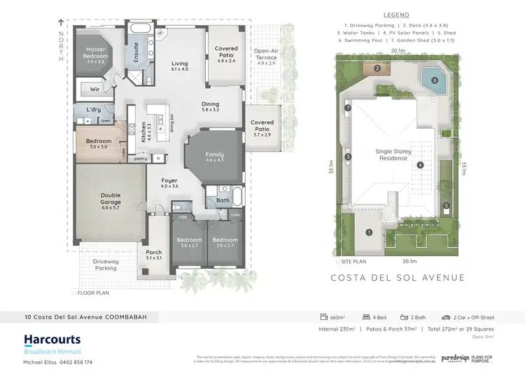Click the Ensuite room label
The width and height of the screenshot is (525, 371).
[135, 50]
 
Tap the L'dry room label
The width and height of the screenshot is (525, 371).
[94, 111]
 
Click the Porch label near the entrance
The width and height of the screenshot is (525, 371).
[154, 255]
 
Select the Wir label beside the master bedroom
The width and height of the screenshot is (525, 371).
[94, 90]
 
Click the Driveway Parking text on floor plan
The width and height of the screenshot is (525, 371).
[106, 264]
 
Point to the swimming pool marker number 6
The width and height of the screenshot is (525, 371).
[435, 80]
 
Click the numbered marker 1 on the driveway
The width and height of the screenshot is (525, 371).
[369, 232]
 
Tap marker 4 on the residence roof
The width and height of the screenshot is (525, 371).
[420, 165]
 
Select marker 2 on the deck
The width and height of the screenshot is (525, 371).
[377, 68]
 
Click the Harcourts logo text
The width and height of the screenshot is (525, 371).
[52, 339]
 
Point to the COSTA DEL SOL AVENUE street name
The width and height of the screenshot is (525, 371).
[397, 278]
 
